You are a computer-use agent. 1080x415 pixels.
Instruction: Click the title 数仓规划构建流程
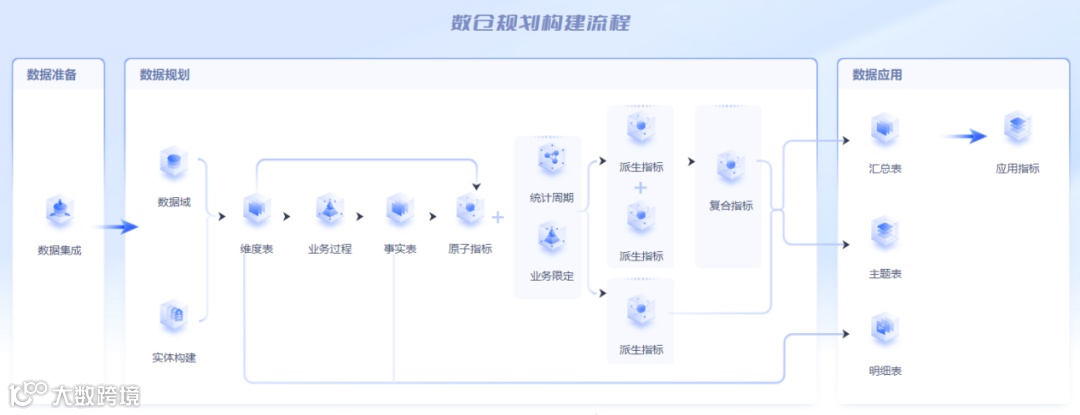(x=540, y=23)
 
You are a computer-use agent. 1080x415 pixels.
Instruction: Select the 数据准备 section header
(x=51, y=74)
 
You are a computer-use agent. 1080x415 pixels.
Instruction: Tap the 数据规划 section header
(x=165, y=74)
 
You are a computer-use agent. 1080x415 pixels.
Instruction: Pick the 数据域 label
(x=173, y=202)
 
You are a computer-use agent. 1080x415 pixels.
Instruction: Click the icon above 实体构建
(x=173, y=317)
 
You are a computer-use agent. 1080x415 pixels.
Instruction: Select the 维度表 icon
(x=257, y=210)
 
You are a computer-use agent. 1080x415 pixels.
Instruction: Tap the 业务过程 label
(x=329, y=249)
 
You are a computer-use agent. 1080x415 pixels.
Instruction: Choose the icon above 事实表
(x=400, y=210)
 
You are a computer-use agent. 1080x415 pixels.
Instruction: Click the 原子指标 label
(x=470, y=249)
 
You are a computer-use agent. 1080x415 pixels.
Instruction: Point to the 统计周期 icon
(x=551, y=160)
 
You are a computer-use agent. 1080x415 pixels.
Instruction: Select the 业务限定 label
(x=552, y=275)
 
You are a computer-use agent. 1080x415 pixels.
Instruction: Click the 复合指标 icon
(x=730, y=166)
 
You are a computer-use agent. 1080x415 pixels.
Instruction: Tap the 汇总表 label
(x=885, y=169)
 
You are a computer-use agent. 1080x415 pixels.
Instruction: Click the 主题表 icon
(x=885, y=234)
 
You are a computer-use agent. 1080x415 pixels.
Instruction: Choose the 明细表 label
(x=885, y=371)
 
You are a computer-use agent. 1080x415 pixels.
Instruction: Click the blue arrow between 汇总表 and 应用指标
(x=965, y=137)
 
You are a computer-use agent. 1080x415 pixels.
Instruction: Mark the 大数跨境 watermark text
(x=96, y=396)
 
